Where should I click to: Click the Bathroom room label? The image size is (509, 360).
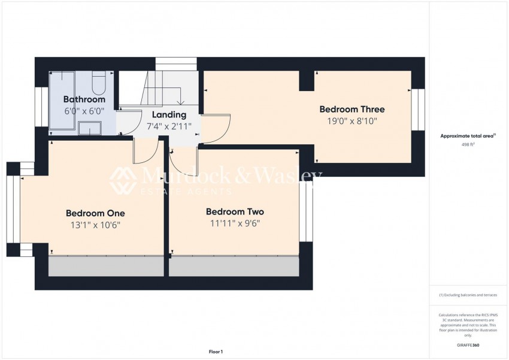(x=84, y=99)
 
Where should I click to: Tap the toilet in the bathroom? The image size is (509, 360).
(x=99, y=80)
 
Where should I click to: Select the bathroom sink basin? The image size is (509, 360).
(x=90, y=128)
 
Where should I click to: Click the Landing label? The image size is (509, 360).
(x=169, y=114)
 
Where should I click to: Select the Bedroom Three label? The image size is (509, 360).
(x=352, y=110)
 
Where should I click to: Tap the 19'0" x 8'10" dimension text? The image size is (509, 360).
(x=352, y=121)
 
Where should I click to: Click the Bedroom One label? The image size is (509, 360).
(x=95, y=213)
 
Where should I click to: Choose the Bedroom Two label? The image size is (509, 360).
(x=235, y=211)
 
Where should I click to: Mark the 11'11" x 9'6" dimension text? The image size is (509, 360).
(x=235, y=223)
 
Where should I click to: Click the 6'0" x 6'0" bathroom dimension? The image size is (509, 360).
(x=84, y=111)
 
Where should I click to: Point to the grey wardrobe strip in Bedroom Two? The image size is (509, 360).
(x=234, y=267)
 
